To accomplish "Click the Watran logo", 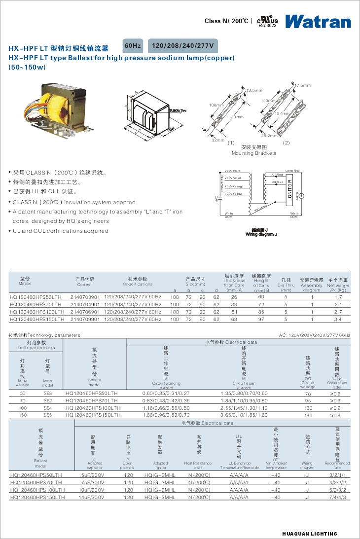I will pyautogui.click(x=318, y=21).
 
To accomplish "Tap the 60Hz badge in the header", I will pyautogui.click(x=133, y=46).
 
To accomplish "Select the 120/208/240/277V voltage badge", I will pyautogui.click(x=182, y=46).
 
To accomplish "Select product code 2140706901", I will pyautogui.click(x=85, y=312).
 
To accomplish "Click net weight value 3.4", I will pyautogui.click(x=338, y=320).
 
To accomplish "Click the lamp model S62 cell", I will pyautogui.click(x=47, y=400).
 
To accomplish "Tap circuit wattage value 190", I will pyautogui.click(x=308, y=416).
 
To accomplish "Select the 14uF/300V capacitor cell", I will pyautogui.click(x=95, y=498).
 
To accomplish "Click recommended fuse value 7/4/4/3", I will pyautogui.click(x=337, y=498).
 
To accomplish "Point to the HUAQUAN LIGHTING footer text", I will pyautogui.click(x=310, y=534).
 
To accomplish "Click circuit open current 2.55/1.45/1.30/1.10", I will pyautogui.click(x=244, y=408).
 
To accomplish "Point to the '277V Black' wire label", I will pyautogui.click(x=232, y=171).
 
